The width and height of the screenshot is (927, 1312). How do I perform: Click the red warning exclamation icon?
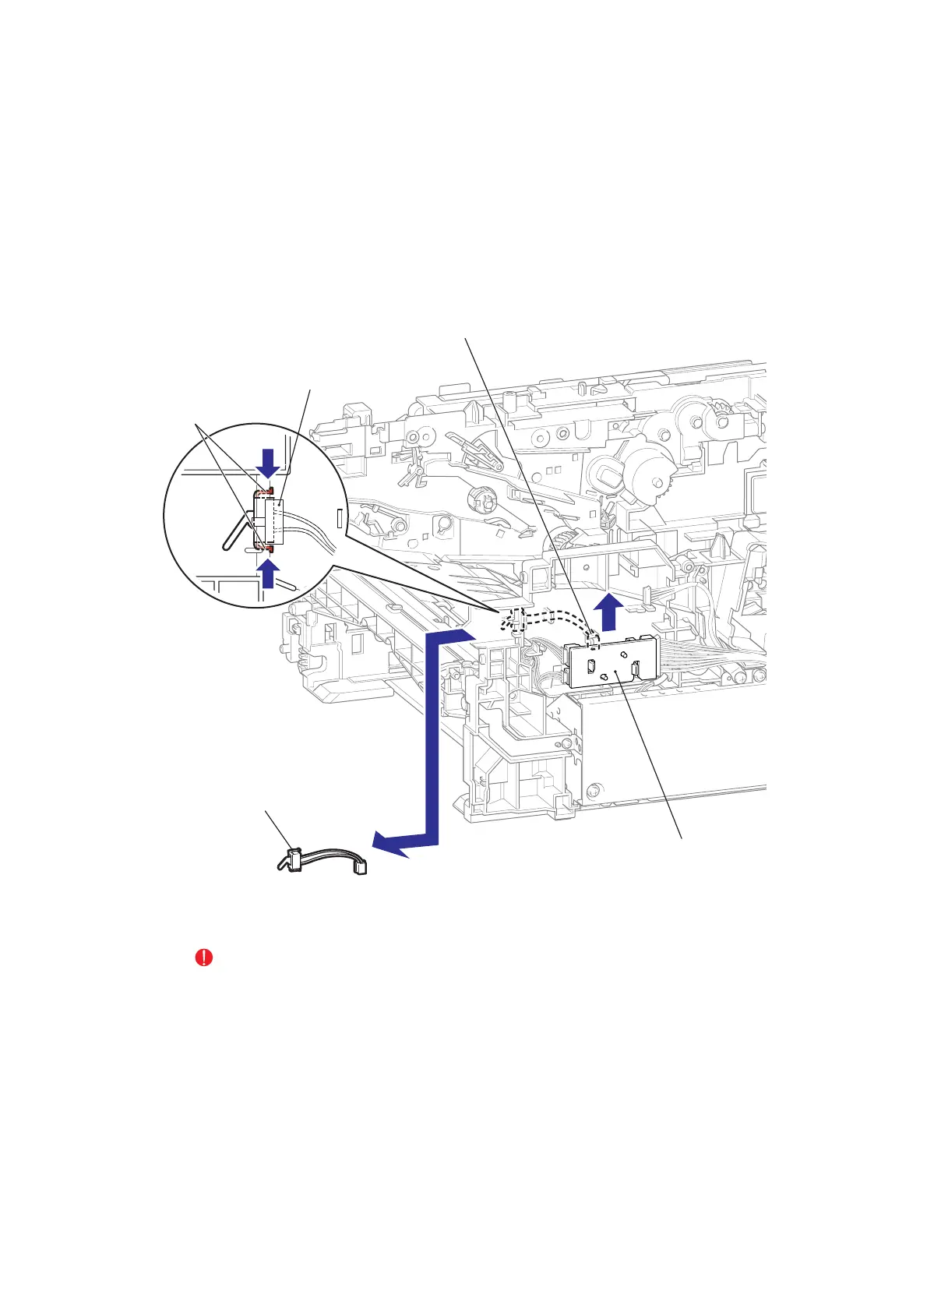pos(203,958)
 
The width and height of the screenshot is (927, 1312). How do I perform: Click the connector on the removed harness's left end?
pos(294,861)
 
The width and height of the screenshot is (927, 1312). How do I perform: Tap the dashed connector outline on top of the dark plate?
pos(594,640)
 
